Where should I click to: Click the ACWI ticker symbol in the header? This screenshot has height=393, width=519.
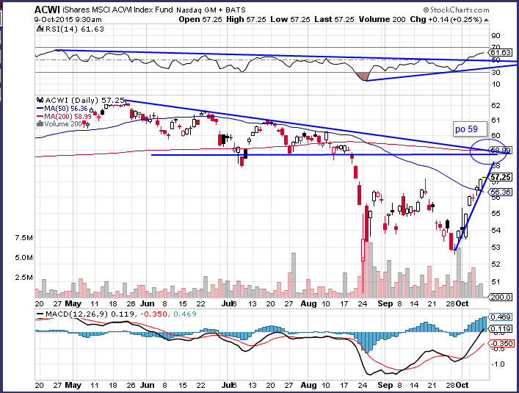[x=46, y=10]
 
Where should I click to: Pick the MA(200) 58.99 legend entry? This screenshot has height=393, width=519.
[x=73, y=115]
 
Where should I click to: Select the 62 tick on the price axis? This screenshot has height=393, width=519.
[x=496, y=104]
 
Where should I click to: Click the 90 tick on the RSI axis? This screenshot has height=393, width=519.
[x=496, y=35]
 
